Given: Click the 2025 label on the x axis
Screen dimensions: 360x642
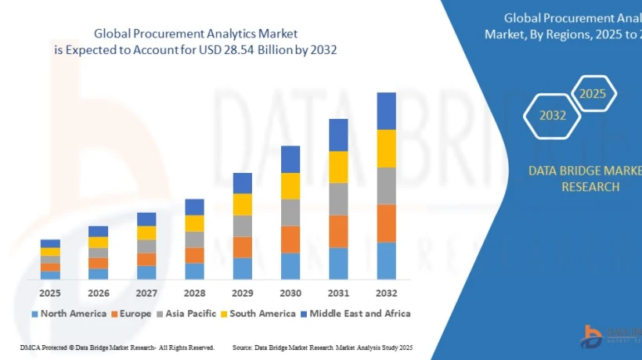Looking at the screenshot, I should [x=50, y=293].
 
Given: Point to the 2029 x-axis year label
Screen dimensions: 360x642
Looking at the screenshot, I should [x=243, y=293].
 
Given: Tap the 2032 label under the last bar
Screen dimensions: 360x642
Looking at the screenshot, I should [x=386, y=293].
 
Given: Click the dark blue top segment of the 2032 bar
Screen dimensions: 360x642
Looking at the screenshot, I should [x=386, y=110].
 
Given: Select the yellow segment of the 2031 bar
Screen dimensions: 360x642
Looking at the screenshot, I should [x=338, y=167].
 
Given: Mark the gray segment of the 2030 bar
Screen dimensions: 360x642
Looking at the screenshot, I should [x=290, y=212].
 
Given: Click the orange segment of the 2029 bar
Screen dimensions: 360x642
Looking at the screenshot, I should [x=243, y=247].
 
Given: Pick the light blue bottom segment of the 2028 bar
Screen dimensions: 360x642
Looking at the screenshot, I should [x=194, y=271].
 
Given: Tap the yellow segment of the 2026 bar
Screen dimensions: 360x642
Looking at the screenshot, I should [x=98, y=243].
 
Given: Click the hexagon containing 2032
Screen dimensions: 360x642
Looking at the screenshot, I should [x=552, y=116].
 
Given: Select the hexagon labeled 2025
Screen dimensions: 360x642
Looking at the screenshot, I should [x=593, y=94].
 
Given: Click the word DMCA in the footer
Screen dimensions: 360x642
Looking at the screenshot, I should [x=30, y=347].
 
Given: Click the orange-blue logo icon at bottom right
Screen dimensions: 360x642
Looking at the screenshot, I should [x=591, y=336].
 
